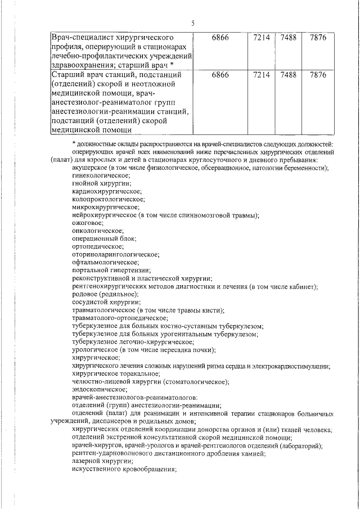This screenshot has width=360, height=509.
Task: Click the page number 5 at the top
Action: click(x=192, y=23)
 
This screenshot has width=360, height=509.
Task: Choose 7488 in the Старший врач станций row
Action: click(x=287, y=74)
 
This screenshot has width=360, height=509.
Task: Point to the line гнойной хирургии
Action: click(x=102, y=184)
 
